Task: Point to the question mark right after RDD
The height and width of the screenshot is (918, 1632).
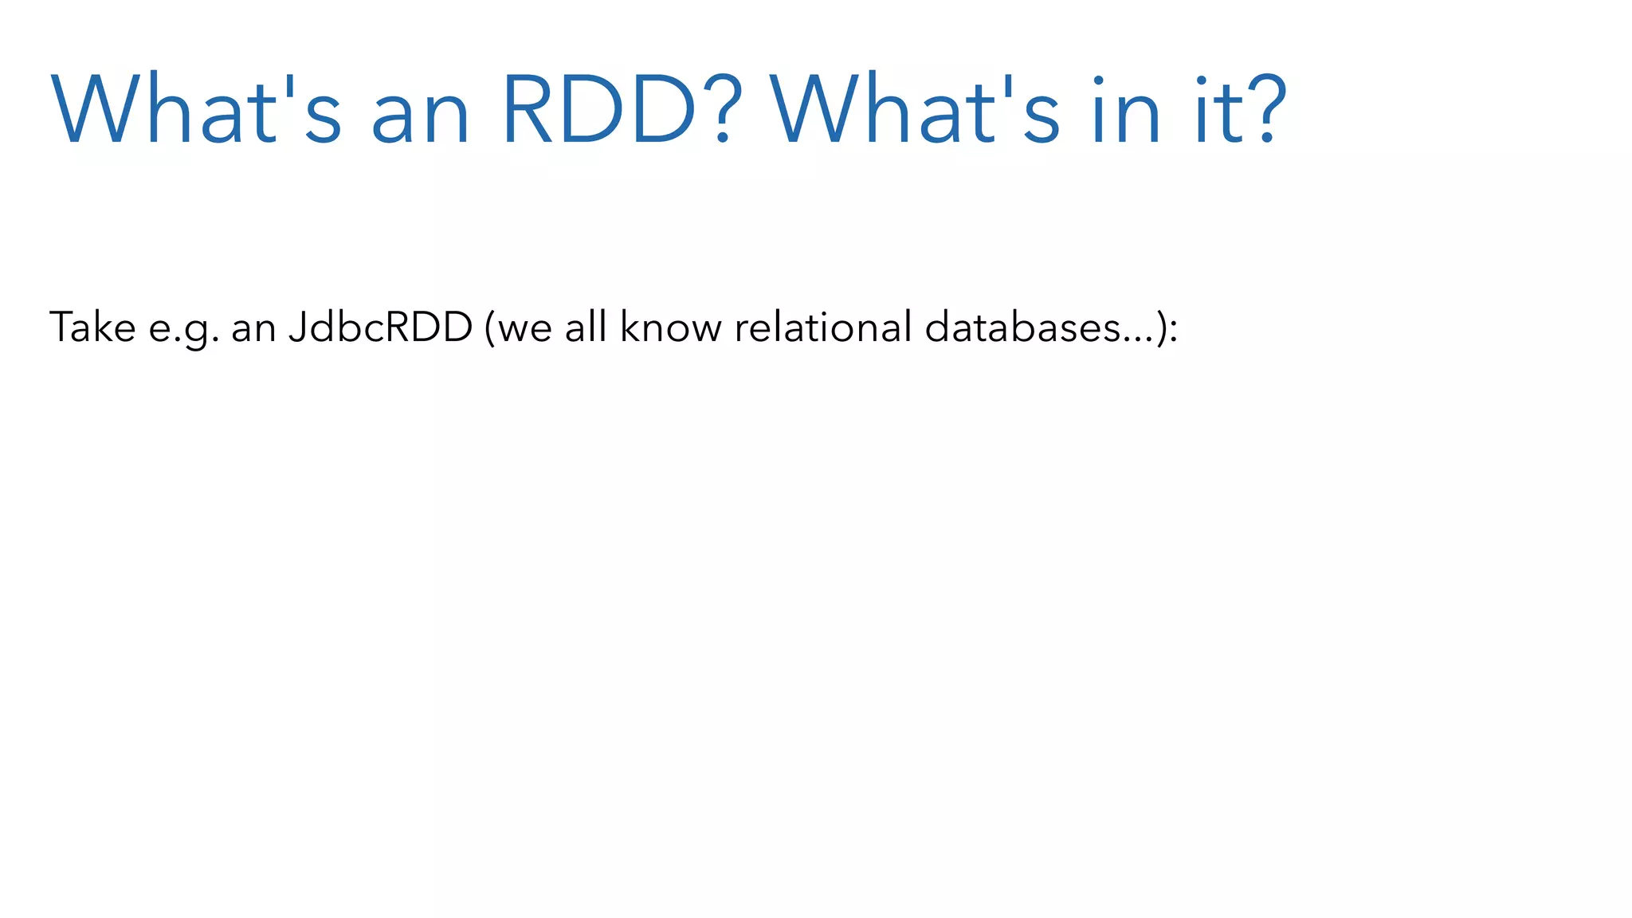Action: (723, 110)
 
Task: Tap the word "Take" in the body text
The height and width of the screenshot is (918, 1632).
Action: (92, 327)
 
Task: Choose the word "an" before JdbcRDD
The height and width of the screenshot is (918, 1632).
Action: (253, 330)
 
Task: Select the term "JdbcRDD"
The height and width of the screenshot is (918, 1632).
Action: (381, 327)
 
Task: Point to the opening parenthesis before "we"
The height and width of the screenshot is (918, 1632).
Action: (489, 328)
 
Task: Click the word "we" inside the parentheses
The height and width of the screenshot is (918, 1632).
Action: (524, 330)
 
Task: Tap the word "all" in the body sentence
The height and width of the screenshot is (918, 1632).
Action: (586, 327)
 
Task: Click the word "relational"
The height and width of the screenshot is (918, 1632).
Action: (823, 327)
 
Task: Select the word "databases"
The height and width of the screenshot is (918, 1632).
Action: (1023, 327)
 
